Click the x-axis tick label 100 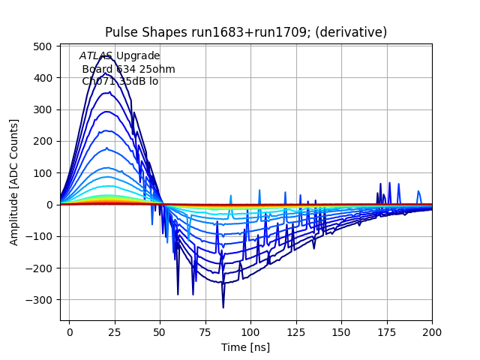250,331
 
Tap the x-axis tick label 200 432,331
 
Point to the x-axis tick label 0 70,331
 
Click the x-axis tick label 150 341,331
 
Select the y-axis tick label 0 49,205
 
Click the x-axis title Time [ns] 245,347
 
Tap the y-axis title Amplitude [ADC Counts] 14,182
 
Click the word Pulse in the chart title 121,32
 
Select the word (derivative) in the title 353,32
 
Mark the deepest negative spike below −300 223,307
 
